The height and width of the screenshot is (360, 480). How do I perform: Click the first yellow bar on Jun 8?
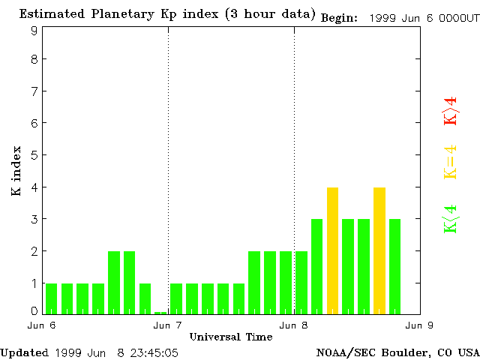click(x=333, y=250)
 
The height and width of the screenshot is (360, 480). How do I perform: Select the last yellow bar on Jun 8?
click(x=379, y=250)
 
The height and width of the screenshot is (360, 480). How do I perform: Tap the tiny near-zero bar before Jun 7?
click(x=160, y=313)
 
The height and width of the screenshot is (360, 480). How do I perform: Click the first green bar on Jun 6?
click(x=51, y=298)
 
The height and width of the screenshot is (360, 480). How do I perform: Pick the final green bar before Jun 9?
click(x=394, y=266)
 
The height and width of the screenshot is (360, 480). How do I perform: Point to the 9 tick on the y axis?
click(x=34, y=31)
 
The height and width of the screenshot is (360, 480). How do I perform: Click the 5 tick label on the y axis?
click(x=34, y=155)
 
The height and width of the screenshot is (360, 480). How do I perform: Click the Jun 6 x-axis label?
click(x=42, y=325)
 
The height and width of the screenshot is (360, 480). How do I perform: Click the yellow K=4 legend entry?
click(x=450, y=162)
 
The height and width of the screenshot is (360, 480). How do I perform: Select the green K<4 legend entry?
click(x=450, y=218)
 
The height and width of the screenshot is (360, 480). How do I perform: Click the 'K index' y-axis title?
click(x=16, y=172)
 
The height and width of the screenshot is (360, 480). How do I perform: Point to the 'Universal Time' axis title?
click(x=230, y=337)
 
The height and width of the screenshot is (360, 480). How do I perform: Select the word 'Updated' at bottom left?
click(x=24, y=352)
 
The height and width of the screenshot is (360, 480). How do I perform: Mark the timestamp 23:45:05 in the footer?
click(x=154, y=352)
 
